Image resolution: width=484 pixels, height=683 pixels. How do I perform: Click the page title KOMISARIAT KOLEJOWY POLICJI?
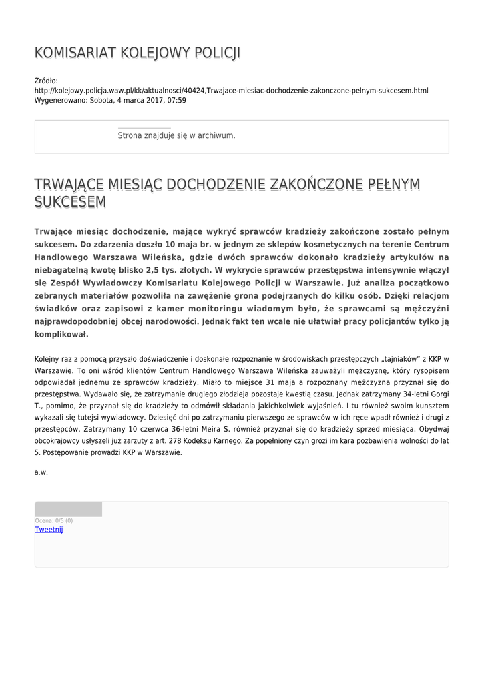click(137, 53)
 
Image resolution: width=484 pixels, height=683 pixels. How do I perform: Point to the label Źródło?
click(46, 81)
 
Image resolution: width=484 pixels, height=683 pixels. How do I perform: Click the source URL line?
click(231, 90)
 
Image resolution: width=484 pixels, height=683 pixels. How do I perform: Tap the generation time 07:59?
click(177, 100)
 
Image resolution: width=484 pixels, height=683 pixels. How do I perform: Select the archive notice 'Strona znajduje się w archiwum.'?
click(176, 135)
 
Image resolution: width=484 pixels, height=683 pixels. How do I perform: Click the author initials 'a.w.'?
click(41, 472)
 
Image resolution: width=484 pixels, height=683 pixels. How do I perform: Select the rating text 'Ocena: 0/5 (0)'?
click(54, 520)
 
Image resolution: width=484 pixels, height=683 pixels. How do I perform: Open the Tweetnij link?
click(49, 530)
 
